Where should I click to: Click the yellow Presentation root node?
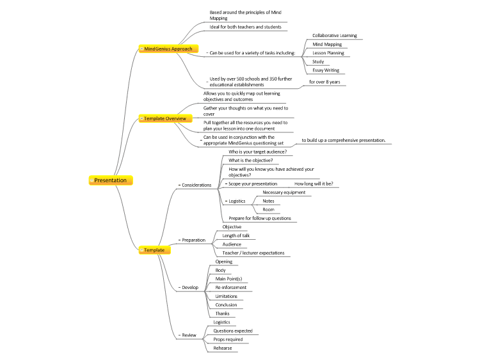click(x=111, y=180)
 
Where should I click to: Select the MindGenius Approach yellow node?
click(x=168, y=49)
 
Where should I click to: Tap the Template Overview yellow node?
click(x=165, y=118)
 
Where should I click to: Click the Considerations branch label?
click(x=196, y=185)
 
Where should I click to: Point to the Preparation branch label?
click(x=193, y=240)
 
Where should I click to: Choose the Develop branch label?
click(x=190, y=288)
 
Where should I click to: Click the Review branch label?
click(x=189, y=335)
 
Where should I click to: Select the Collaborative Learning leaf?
click(x=335, y=35)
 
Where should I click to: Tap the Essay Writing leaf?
click(x=326, y=70)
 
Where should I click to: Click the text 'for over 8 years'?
click(x=324, y=82)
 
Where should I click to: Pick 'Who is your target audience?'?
click(x=258, y=152)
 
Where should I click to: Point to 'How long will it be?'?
click(x=314, y=184)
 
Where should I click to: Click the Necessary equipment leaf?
click(x=284, y=192)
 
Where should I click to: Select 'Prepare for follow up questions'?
click(x=260, y=219)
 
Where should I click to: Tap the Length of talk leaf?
click(x=236, y=235)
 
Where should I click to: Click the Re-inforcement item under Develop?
click(x=231, y=288)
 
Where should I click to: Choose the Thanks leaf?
click(x=222, y=313)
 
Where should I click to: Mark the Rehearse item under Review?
click(x=223, y=348)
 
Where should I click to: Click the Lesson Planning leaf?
click(x=328, y=53)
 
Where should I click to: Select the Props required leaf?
click(x=228, y=340)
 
